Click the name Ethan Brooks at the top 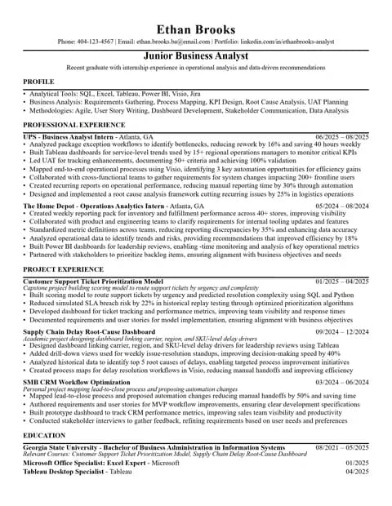196,29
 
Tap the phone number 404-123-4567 96,42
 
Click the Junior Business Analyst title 196,55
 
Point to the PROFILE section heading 38,82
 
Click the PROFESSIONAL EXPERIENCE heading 73,125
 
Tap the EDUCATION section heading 46,436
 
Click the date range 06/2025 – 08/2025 341,136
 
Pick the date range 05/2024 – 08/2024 341,206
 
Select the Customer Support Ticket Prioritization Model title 104,281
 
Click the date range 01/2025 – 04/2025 341,281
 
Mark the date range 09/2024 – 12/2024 341,332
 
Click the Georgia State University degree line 154,447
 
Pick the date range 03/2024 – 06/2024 341,383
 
